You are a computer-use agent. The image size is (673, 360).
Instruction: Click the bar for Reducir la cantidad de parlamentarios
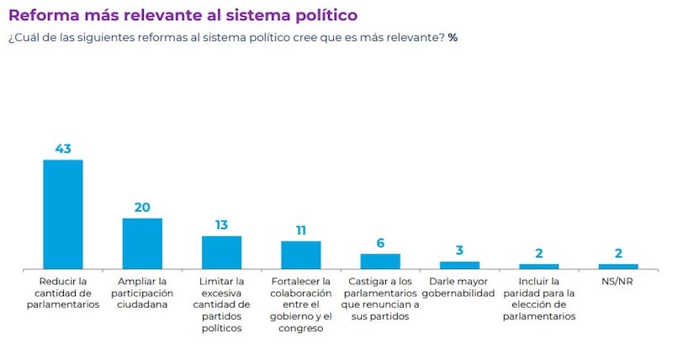pos(63,214)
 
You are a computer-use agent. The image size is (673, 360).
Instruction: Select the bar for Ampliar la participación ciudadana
pos(142,243)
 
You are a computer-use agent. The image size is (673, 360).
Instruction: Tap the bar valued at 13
pos(221,252)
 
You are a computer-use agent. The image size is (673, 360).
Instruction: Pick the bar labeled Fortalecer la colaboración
pos(300,255)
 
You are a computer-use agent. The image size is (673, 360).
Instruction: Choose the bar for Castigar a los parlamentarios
pos(380,261)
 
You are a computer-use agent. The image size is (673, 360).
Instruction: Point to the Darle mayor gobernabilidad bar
pos(459,265)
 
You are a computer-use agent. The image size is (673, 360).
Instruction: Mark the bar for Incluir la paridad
pos(539,266)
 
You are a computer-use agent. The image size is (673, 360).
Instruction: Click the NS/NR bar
pos(618,266)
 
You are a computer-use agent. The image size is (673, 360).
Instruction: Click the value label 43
pos(63,148)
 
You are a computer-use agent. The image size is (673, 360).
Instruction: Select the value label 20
pos(142,207)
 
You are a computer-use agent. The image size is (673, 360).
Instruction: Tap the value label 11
pos(300,230)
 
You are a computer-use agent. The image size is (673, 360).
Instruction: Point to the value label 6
pos(380,242)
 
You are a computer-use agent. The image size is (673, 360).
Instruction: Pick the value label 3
pos(459,251)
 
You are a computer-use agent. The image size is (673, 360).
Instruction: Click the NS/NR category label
pos(618,280)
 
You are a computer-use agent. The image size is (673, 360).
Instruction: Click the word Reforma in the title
pos(44,15)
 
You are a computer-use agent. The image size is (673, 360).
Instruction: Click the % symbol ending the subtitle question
pos(453,38)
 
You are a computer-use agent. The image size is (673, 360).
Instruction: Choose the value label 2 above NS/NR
pos(618,252)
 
